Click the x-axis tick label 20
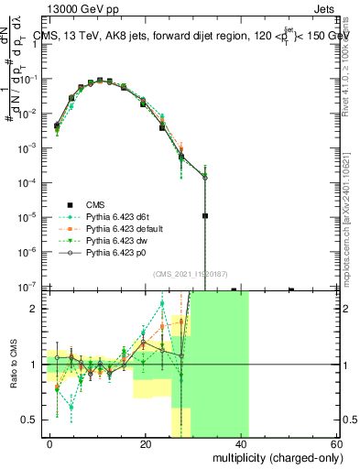[x=146, y=442]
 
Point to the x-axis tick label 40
[x=241, y=442]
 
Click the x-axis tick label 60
[x=336, y=442]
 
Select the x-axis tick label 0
[x=50, y=442]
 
